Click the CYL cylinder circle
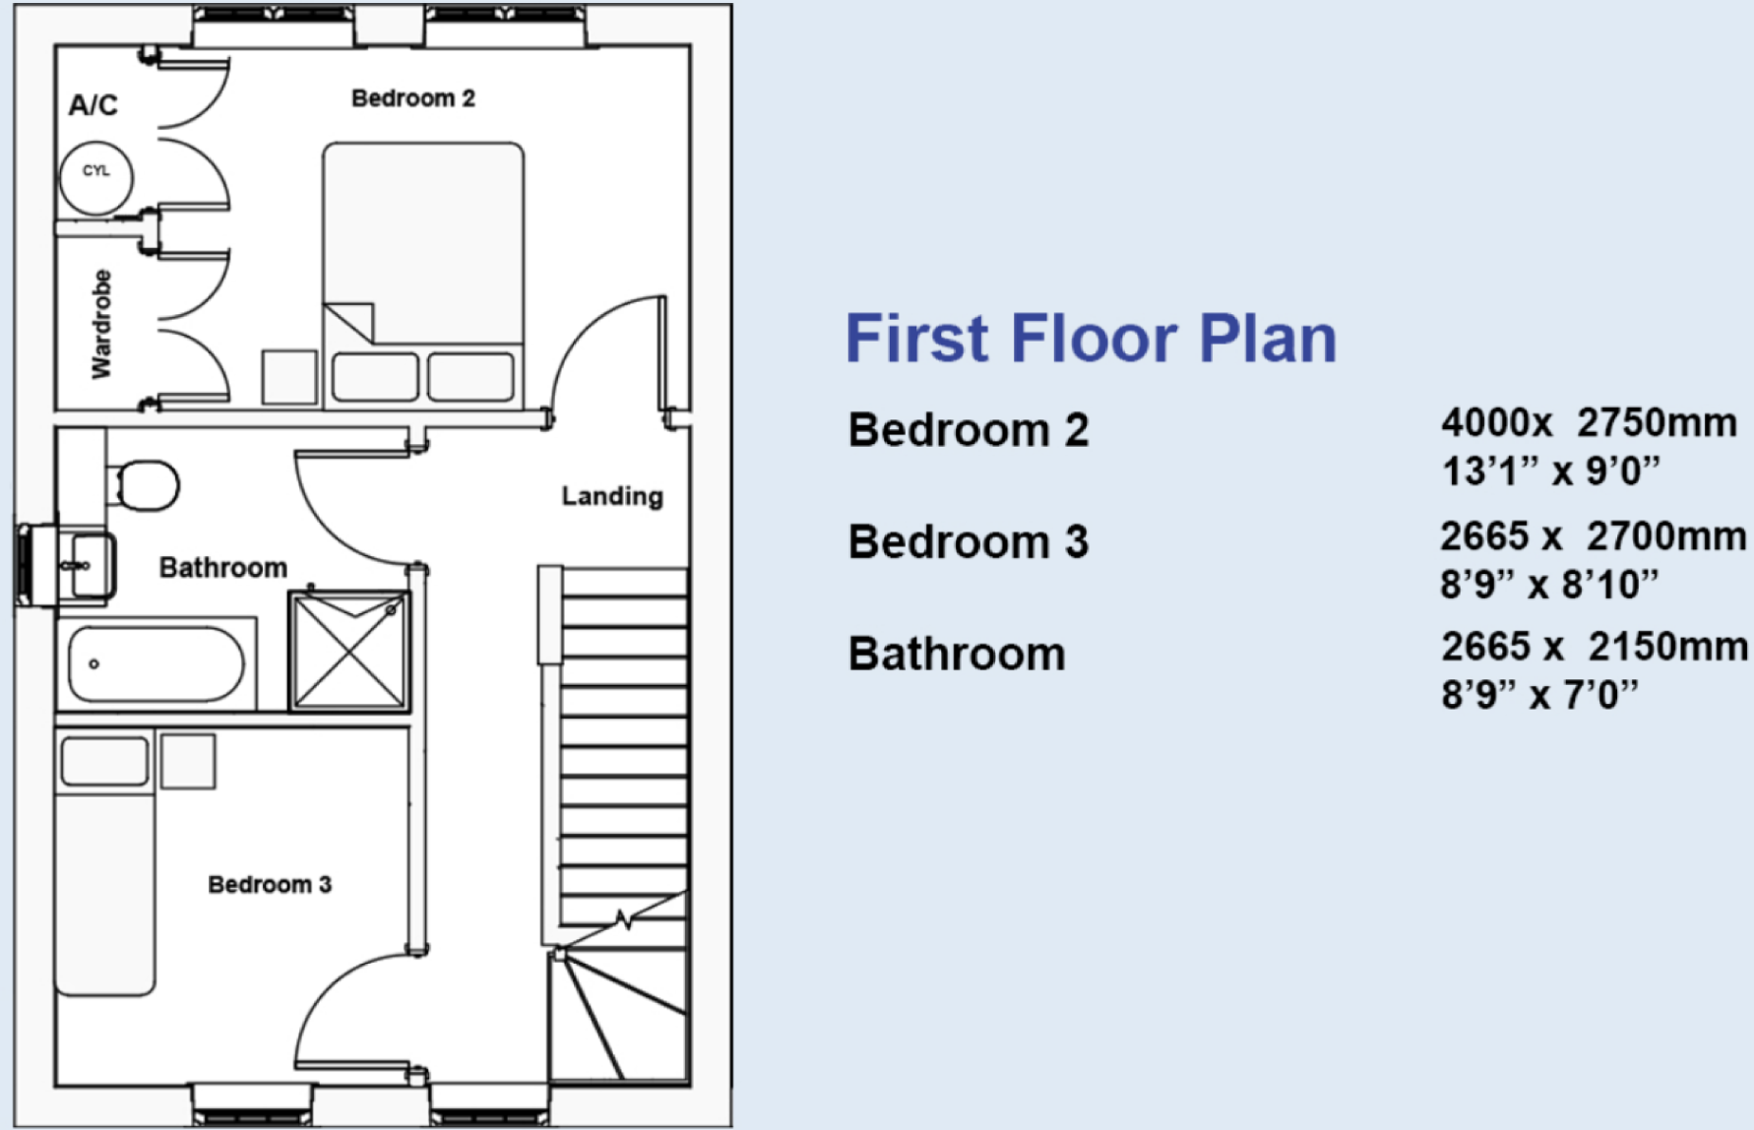click(96, 177)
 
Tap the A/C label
click(94, 104)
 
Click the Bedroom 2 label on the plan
click(413, 98)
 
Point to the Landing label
click(612, 496)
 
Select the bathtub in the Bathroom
click(156, 664)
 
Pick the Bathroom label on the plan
click(223, 568)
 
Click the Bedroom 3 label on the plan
click(270, 885)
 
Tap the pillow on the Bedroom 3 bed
click(104, 761)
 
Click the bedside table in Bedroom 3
click(188, 761)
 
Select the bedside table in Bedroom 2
click(289, 377)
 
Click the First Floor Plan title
click(1091, 339)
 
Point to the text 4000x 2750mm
click(1589, 423)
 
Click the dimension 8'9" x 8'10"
click(1549, 585)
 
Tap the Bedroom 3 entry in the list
click(969, 542)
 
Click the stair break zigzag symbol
click(624, 920)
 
